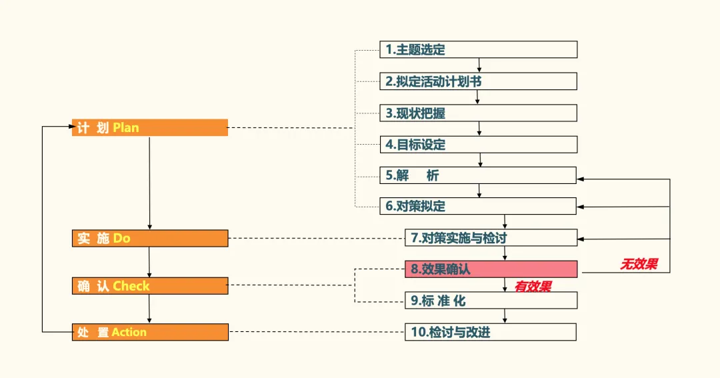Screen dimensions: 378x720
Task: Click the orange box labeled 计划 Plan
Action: [150, 127]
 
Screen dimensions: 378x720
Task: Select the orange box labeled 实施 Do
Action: [150, 238]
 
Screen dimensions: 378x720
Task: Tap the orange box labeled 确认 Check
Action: [150, 286]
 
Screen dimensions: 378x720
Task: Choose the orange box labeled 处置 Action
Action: [150, 332]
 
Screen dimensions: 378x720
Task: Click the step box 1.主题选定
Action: [478, 49]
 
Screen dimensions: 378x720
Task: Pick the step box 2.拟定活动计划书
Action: [478, 81]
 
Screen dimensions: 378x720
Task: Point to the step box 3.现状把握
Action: [478, 113]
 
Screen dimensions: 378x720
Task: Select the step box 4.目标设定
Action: [478, 145]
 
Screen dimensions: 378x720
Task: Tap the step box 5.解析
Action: [478, 175]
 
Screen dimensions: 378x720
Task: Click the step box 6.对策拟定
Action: [478, 206]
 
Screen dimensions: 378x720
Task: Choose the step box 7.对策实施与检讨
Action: [491, 237]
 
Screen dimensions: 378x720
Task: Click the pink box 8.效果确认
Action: [491, 269]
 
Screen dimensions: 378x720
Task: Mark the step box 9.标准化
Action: [491, 301]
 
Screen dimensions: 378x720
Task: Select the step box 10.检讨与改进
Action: [491, 332]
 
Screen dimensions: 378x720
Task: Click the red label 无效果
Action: [639, 265]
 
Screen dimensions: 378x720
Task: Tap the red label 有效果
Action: [533, 287]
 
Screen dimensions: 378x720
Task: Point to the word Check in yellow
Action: [131, 286]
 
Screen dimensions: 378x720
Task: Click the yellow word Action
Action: [129, 332]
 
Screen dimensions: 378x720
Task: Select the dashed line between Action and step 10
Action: [317, 332]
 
